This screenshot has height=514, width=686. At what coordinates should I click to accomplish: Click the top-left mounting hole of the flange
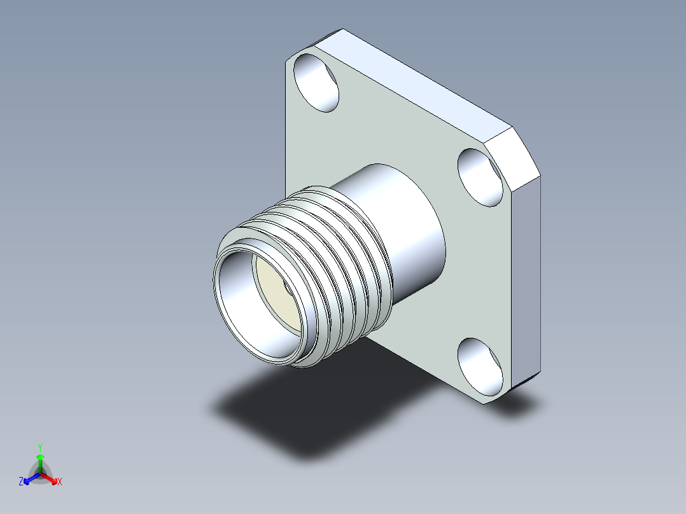pyautogui.click(x=316, y=83)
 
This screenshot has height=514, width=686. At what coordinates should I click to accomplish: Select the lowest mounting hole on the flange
pyautogui.click(x=480, y=367)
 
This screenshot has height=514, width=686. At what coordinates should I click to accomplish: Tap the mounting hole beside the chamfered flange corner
pyautogui.click(x=480, y=177)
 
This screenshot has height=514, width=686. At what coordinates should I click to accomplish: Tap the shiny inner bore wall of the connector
pyautogui.click(x=245, y=302)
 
